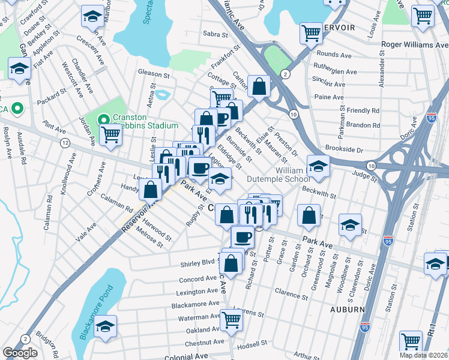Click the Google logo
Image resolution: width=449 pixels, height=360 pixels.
20,353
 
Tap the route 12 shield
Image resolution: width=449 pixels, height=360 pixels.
65,142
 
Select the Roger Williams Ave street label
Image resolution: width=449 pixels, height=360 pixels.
415,44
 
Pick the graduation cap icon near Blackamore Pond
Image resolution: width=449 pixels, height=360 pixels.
105,326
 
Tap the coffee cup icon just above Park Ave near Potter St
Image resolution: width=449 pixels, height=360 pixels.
243,236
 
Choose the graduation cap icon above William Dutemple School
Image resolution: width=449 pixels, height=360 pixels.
318,165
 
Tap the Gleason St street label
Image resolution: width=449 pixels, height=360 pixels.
154,74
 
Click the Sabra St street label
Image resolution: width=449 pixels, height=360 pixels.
217,34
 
